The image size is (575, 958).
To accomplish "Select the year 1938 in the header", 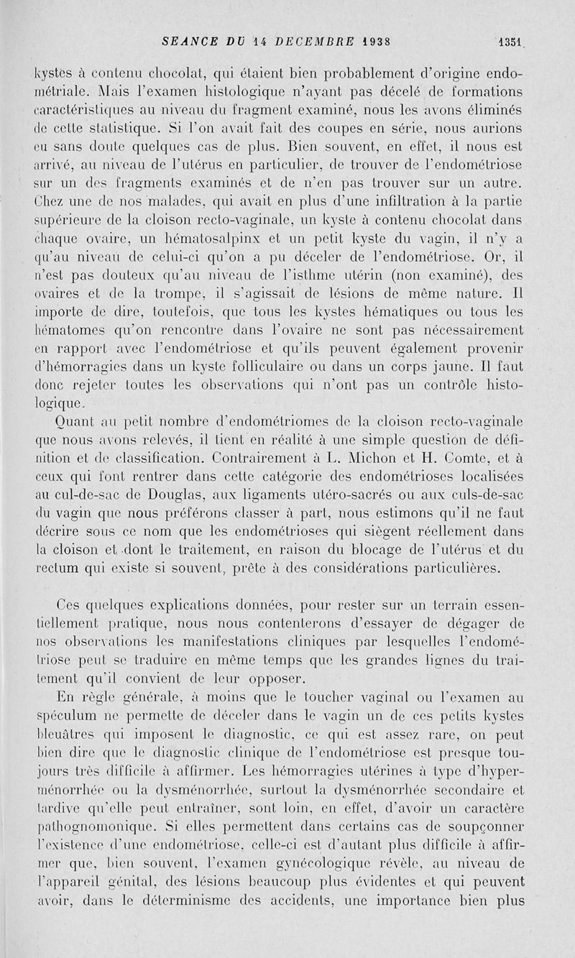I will click(x=377, y=42).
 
